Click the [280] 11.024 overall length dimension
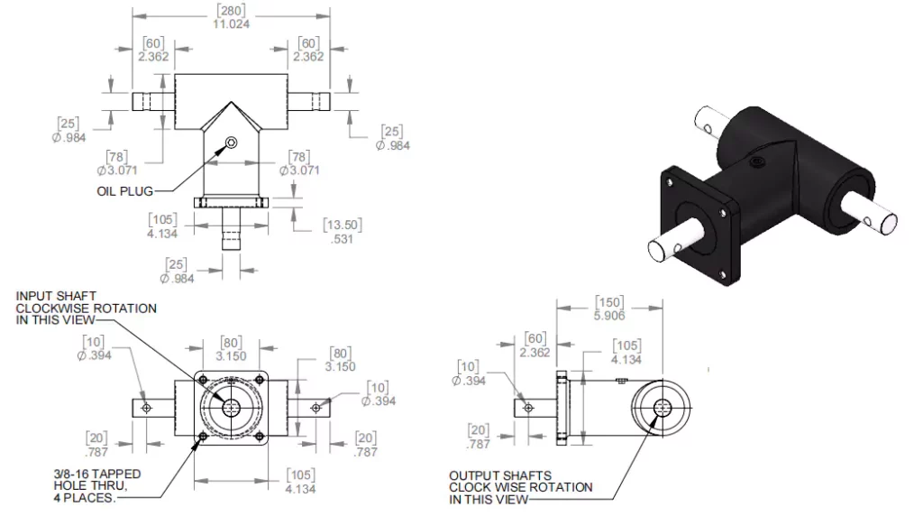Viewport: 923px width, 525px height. (x=230, y=17)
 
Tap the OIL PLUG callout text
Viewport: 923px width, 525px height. (x=124, y=191)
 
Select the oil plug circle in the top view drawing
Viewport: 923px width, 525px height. (x=232, y=143)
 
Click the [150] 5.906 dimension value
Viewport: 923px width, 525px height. (x=611, y=309)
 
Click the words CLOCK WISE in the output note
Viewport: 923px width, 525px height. (x=487, y=487)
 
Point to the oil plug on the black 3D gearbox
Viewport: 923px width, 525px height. (x=755, y=161)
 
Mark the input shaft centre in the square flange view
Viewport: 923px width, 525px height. (x=231, y=408)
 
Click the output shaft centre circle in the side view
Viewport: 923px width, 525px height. (x=663, y=408)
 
